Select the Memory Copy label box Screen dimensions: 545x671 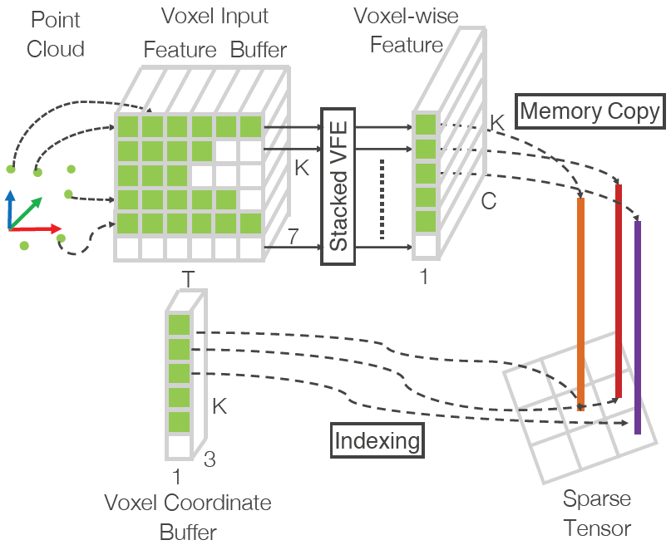coord(590,111)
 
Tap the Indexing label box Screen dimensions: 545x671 coord(377,440)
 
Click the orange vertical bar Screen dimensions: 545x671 coord(580,303)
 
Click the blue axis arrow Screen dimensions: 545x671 coord(10,208)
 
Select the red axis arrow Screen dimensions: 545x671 coord(37,228)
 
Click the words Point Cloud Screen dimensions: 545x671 coord(56,35)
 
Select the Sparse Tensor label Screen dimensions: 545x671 coord(597,513)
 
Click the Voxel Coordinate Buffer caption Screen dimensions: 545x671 coord(187,517)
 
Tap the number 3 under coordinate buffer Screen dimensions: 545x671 coord(210,459)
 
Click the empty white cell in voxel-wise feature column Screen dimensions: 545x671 coord(425,247)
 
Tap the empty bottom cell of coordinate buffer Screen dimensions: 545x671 coord(179,447)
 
